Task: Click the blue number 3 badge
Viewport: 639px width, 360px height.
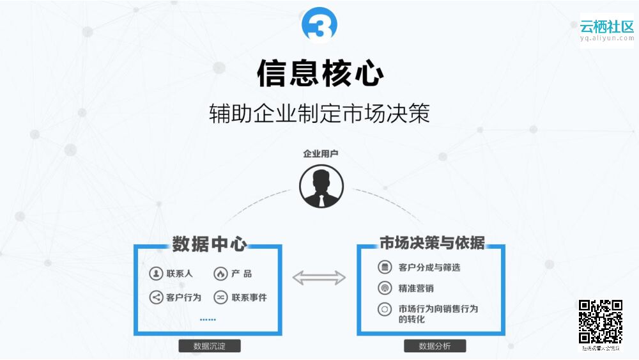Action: tap(319, 25)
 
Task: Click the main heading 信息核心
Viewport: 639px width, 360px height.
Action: tap(320, 74)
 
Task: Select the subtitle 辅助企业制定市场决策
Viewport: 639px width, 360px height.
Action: tap(319, 113)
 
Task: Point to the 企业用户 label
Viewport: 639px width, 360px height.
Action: tap(321, 154)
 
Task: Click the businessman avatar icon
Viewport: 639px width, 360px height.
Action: tap(321, 187)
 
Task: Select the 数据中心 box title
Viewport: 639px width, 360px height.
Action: tap(210, 244)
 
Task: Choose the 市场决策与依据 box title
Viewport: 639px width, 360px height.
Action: tap(432, 244)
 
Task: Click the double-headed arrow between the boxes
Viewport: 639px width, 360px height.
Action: tap(319, 278)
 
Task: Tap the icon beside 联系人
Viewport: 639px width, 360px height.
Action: tap(156, 274)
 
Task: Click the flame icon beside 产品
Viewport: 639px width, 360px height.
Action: tap(220, 274)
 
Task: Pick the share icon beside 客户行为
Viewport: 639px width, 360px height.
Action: tap(156, 297)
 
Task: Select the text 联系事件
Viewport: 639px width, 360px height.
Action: tap(249, 297)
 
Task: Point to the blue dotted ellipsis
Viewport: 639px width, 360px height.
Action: tap(208, 319)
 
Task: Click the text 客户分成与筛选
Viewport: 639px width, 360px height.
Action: tap(429, 267)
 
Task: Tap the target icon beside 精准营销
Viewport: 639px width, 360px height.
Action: tap(384, 288)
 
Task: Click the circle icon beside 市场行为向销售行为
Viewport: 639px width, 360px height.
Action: tap(384, 309)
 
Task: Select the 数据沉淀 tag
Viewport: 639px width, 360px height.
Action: tap(210, 347)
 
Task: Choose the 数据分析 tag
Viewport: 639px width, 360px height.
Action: tap(435, 347)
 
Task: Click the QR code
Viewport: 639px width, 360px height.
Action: tap(601, 322)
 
